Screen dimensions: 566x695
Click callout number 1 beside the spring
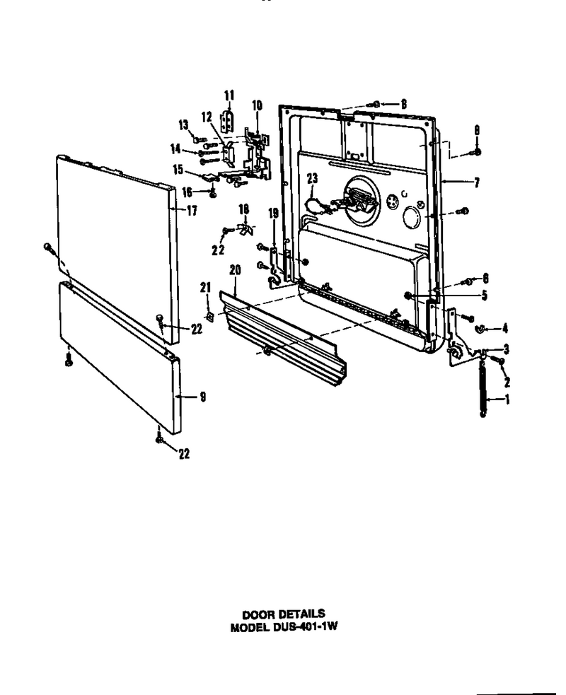tap(507, 399)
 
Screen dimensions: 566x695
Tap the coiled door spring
tap(483, 388)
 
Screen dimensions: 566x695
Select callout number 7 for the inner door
tap(477, 182)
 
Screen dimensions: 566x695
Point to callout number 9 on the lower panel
tap(203, 397)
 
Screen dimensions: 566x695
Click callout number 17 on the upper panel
tap(192, 210)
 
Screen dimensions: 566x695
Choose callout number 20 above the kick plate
tap(235, 270)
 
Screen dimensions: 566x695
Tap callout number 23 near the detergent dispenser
tap(312, 178)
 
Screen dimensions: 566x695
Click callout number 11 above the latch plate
tap(229, 95)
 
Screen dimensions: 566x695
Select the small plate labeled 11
tap(228, 121)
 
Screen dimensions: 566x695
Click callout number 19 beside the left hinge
tap(273, 214)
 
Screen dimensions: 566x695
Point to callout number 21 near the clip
tap(205, 288)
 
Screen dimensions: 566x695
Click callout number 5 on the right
tap(485, 296)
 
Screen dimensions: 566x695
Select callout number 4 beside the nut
tap(504, 329)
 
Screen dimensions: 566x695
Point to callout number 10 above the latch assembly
tap(257, 105)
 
